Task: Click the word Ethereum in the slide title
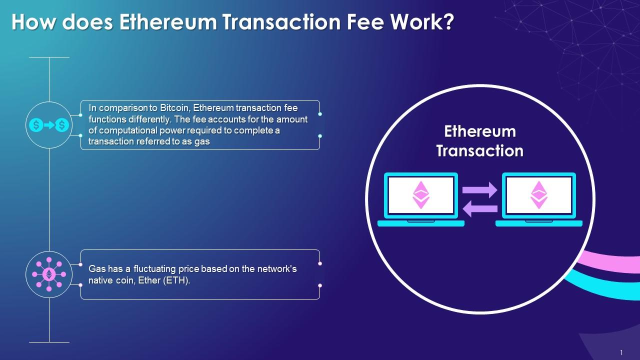click(167, 22)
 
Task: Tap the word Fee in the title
click(368, 22)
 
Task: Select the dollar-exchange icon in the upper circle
click(49, 125)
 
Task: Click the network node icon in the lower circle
click(49, 274)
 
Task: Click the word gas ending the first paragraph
click(202, 141)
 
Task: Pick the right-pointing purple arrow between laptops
click(479, 190)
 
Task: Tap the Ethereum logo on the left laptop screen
click(420, 195)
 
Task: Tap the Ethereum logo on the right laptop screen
click(538, 195)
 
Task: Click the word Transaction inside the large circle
click(479, 150)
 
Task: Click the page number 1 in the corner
click(621, 352)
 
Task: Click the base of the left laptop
click(420, 223)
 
